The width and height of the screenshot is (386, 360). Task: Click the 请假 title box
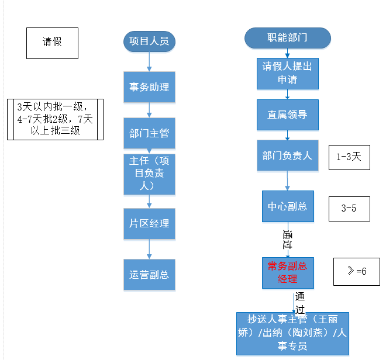pos(52,42)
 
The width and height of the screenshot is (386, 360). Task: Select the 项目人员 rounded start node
pos(149,41)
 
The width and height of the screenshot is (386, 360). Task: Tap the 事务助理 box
pos(149,87)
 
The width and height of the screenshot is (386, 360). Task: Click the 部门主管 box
pos(149,133)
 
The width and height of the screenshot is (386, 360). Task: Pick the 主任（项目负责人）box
pos(149,174)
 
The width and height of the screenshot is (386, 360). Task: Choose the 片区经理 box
pos(149,223)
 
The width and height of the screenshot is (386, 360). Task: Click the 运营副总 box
pos(149,274)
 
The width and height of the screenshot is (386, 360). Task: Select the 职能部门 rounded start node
pos(287,38)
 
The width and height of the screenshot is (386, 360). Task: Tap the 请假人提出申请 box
pos(287,72)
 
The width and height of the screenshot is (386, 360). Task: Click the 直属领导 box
pos(287,115)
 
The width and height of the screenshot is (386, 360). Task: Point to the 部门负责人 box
pos(287,155)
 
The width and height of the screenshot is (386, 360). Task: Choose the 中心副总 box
pos(287,206)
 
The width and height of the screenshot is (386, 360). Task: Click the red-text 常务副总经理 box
pos(287,272)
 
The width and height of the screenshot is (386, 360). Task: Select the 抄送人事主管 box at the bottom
pos(292,333)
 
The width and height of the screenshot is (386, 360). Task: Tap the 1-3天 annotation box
pos(349,157)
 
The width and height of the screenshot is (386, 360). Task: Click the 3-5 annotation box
pos(349,208)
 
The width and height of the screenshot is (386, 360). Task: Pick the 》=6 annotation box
pos(356,271)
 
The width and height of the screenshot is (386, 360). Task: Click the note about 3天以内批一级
pos(55,119)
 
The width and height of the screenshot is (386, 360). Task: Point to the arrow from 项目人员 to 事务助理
pos(149,61)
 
